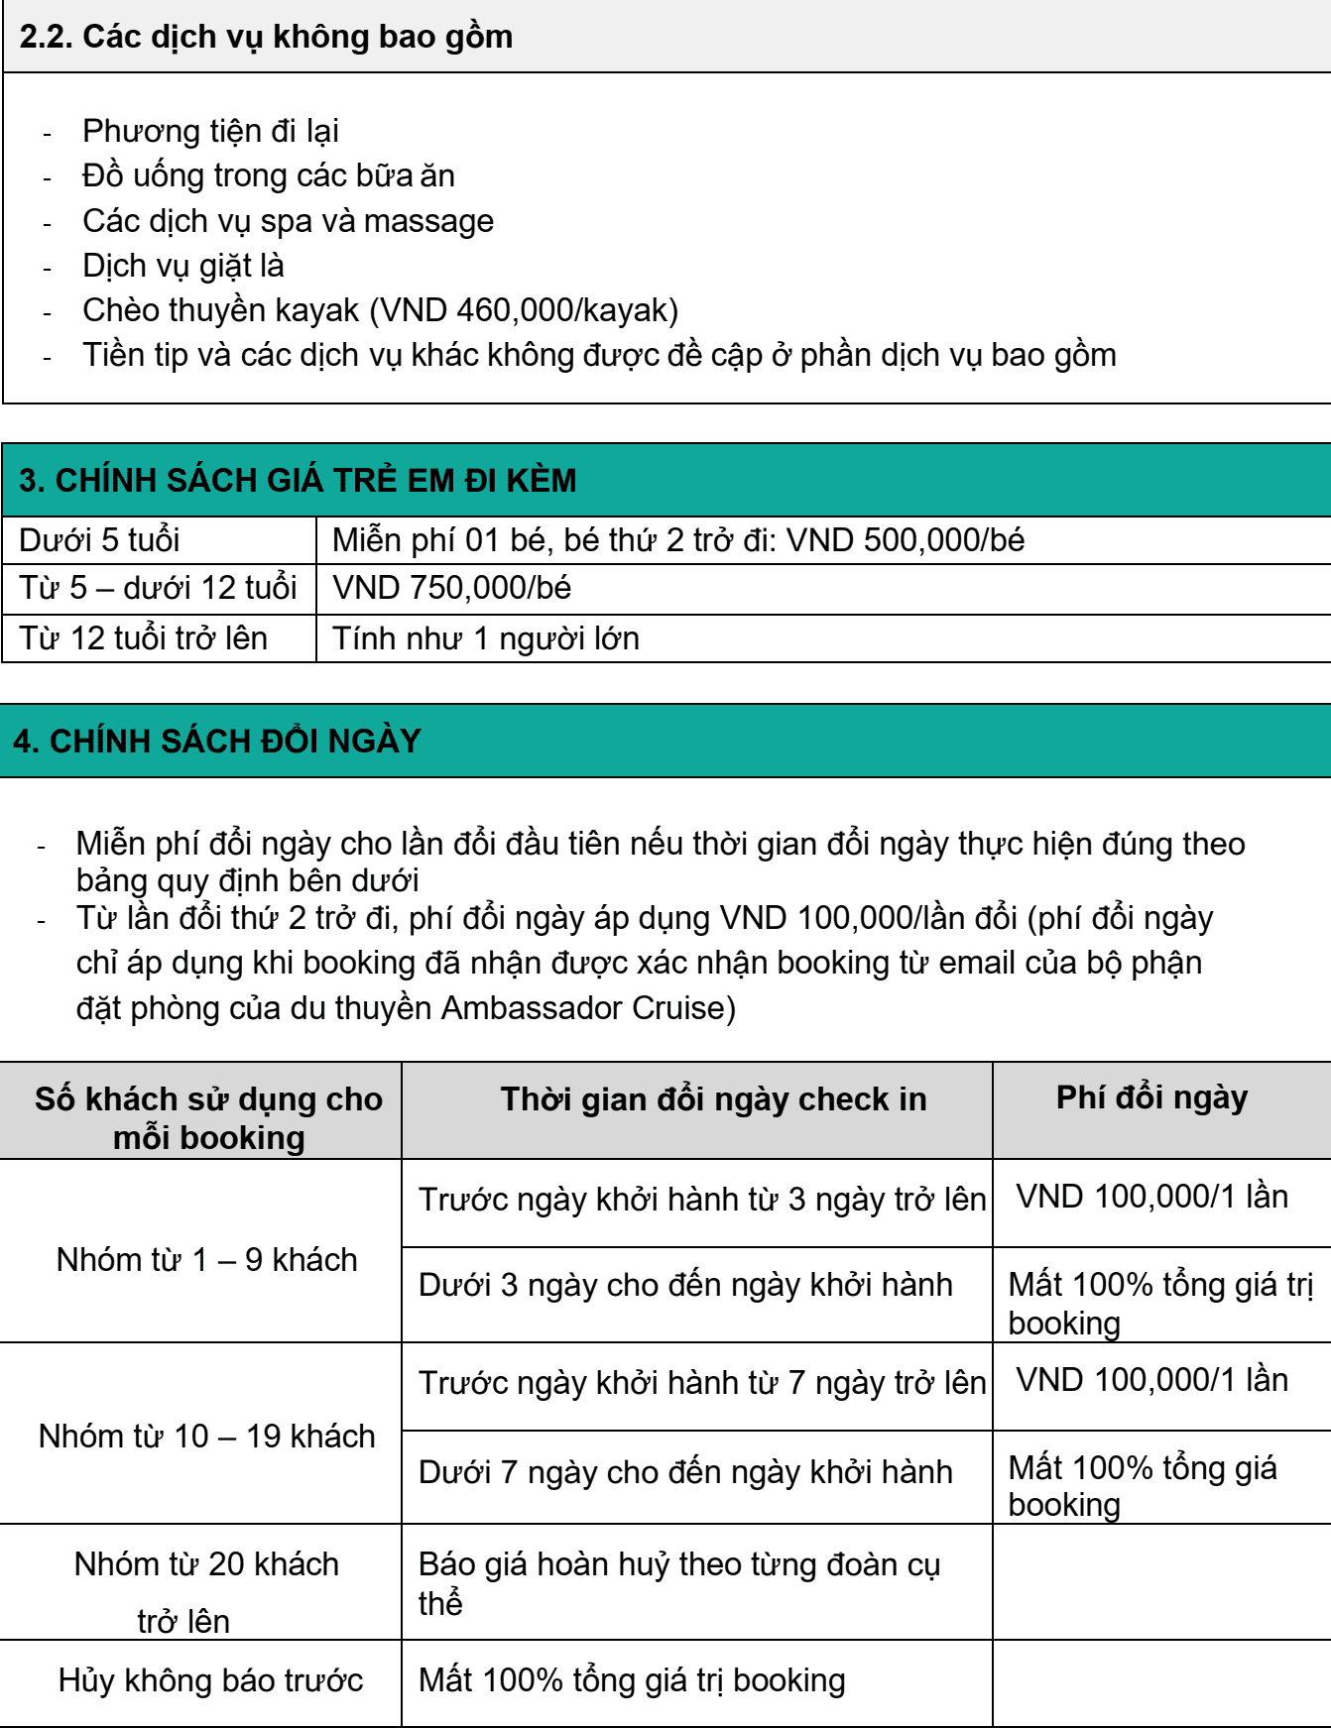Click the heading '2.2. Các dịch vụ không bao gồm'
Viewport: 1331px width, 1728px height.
266,37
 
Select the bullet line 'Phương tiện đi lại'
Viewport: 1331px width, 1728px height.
210,131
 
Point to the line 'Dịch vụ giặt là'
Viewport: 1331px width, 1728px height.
183,266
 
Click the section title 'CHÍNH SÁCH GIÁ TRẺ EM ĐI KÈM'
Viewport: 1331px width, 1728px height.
315,481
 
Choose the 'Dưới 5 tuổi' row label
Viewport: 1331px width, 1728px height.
99,540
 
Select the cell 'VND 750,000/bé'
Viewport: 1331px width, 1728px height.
452,588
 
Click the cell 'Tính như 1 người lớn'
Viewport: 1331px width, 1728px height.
486,638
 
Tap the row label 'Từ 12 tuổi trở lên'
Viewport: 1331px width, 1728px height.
144,638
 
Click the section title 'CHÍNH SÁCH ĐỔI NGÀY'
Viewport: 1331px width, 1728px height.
235,742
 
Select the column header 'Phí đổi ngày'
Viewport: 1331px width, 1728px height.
1151,1098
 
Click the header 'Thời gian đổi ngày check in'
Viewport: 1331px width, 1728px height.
713,1099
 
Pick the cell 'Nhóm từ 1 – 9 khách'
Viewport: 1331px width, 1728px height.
206,1260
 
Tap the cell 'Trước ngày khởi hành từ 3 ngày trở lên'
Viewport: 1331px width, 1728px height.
701,1200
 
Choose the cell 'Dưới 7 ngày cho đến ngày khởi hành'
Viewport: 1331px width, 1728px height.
685,1472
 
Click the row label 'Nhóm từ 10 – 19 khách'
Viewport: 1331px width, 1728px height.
206,1437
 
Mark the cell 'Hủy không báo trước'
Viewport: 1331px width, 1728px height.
210,1680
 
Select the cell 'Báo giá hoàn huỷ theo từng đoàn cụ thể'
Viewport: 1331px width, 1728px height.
678,1582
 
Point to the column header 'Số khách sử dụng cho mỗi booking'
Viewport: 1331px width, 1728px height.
208,1117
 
